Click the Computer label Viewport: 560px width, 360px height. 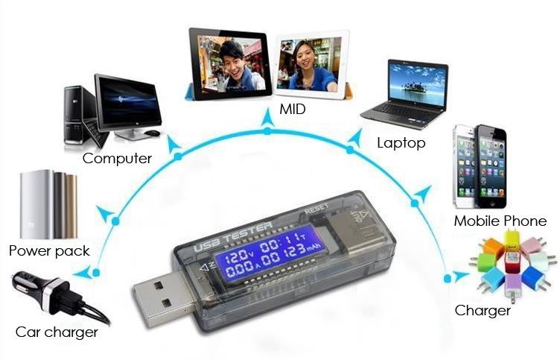[x=117, y=158]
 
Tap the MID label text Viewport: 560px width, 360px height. [x=293, y=110]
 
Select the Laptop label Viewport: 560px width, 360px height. [x=401, y=142]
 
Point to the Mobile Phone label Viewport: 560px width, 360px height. [x=500, y=221]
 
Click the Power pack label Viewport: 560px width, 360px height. [x=49, y=250]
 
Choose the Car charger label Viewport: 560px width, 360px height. [x=57, y=332]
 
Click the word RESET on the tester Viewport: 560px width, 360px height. [x=316, y=208]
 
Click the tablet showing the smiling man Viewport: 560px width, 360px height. [x=229, y=63]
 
